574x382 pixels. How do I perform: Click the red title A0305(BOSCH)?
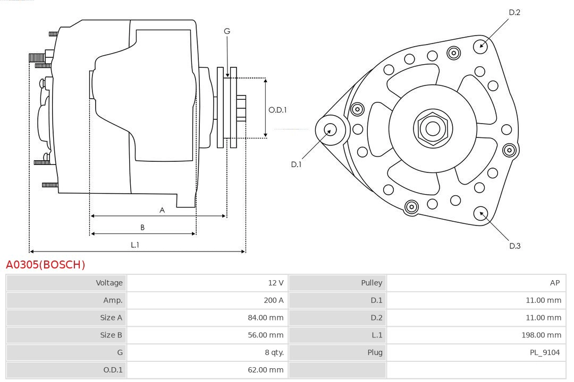45,264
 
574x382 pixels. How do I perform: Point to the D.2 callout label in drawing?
514,12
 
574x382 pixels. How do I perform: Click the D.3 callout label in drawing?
514,246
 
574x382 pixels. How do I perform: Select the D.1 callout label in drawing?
296,164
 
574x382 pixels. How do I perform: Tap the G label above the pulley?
227,31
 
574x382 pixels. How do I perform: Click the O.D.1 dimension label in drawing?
277,110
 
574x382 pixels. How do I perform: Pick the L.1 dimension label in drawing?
135,245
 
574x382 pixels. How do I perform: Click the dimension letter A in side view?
162,210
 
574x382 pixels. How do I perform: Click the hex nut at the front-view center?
433,128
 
